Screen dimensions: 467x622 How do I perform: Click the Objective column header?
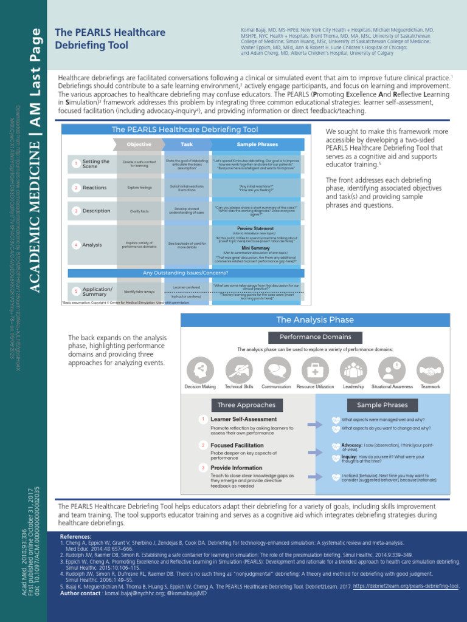click(139, 145)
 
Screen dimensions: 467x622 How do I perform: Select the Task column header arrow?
click(186, 145)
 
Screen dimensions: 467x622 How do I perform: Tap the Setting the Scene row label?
click(95, 163)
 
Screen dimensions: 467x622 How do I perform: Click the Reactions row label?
click(94, 188)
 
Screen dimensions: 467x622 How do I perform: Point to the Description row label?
click(96, 211)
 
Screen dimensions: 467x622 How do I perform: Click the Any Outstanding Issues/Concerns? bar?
click(185, 273)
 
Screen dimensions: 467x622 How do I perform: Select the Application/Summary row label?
click(97, 292)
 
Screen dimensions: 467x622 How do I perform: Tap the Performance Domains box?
click(314, 337)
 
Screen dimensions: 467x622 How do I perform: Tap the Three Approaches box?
click(246, 405)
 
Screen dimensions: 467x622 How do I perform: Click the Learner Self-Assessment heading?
click(243, 420)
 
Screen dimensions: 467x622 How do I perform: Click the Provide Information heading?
click(237, 468)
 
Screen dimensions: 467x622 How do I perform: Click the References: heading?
click(76, 537)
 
